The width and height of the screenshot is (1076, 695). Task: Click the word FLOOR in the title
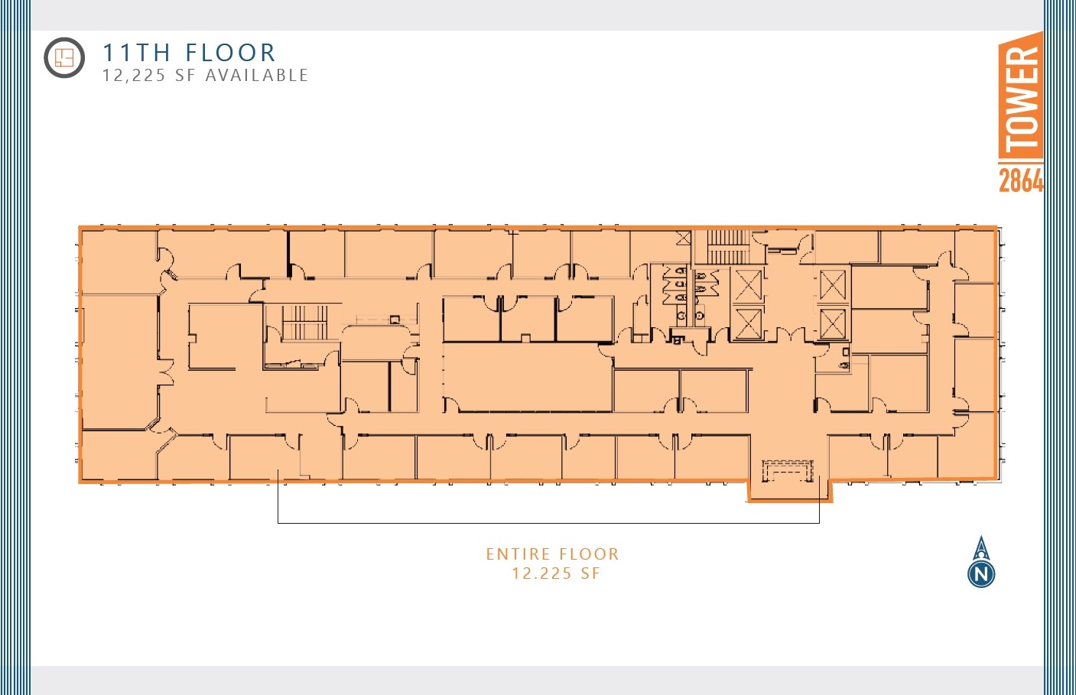point(230,53)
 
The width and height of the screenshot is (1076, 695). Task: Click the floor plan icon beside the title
point(64,57)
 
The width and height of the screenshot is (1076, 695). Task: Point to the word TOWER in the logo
point(1021,97)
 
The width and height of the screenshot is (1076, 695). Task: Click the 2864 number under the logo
point(1020,180)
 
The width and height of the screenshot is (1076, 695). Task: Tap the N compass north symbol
point(981,573)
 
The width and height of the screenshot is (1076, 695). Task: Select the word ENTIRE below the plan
point(518,554)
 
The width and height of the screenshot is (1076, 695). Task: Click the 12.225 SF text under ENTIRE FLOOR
point(555,573)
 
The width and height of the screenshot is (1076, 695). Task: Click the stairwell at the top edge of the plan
point(727,246)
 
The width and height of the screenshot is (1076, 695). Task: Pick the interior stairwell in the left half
point(305,323)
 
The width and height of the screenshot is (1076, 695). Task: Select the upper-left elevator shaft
point(747,285)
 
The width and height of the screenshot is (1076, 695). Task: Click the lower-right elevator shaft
point(833,323)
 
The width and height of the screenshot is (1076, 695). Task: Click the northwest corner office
point(119,260)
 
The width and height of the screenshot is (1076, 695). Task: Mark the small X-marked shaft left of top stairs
point(683,239)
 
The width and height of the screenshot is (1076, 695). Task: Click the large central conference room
point(528,378)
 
